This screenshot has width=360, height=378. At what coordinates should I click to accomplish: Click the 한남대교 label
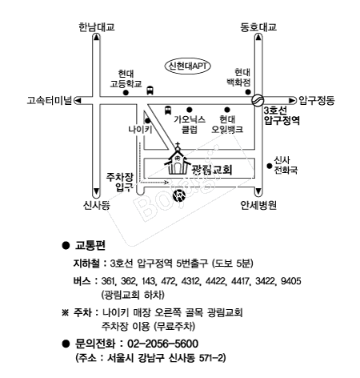[96, 27]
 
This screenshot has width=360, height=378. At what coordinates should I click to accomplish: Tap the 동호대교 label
[258, 27]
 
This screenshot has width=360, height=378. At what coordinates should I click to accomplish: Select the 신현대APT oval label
[188, 66]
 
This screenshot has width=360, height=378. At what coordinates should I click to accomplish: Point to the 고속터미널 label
[50, 101]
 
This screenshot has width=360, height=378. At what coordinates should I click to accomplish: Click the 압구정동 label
[316, 101]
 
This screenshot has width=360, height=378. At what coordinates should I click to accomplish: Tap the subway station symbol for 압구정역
[258, 100]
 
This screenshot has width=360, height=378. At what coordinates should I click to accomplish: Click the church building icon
[177, 159]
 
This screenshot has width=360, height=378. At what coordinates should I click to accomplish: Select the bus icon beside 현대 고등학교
[150, 90]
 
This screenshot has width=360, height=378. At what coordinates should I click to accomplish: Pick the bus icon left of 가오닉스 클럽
[168, 110]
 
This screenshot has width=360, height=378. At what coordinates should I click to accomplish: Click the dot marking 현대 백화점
[248, 92]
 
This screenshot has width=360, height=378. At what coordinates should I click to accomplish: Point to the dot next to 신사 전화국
[270, 166]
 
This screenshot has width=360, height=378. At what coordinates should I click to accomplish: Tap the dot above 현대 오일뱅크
[227, 110]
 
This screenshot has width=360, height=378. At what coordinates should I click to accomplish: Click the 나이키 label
[140, 130]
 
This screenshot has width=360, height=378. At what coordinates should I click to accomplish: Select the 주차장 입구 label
[120, 182]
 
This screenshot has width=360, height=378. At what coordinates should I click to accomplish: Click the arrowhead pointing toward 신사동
[96, 192]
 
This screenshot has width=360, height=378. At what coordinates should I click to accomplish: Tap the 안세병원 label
[258, 205]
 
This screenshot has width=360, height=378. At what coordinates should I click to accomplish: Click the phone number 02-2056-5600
[163, 344]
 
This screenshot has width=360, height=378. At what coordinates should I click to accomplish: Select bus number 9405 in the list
[291, 281]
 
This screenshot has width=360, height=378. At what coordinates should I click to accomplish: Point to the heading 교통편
[90, 245]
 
